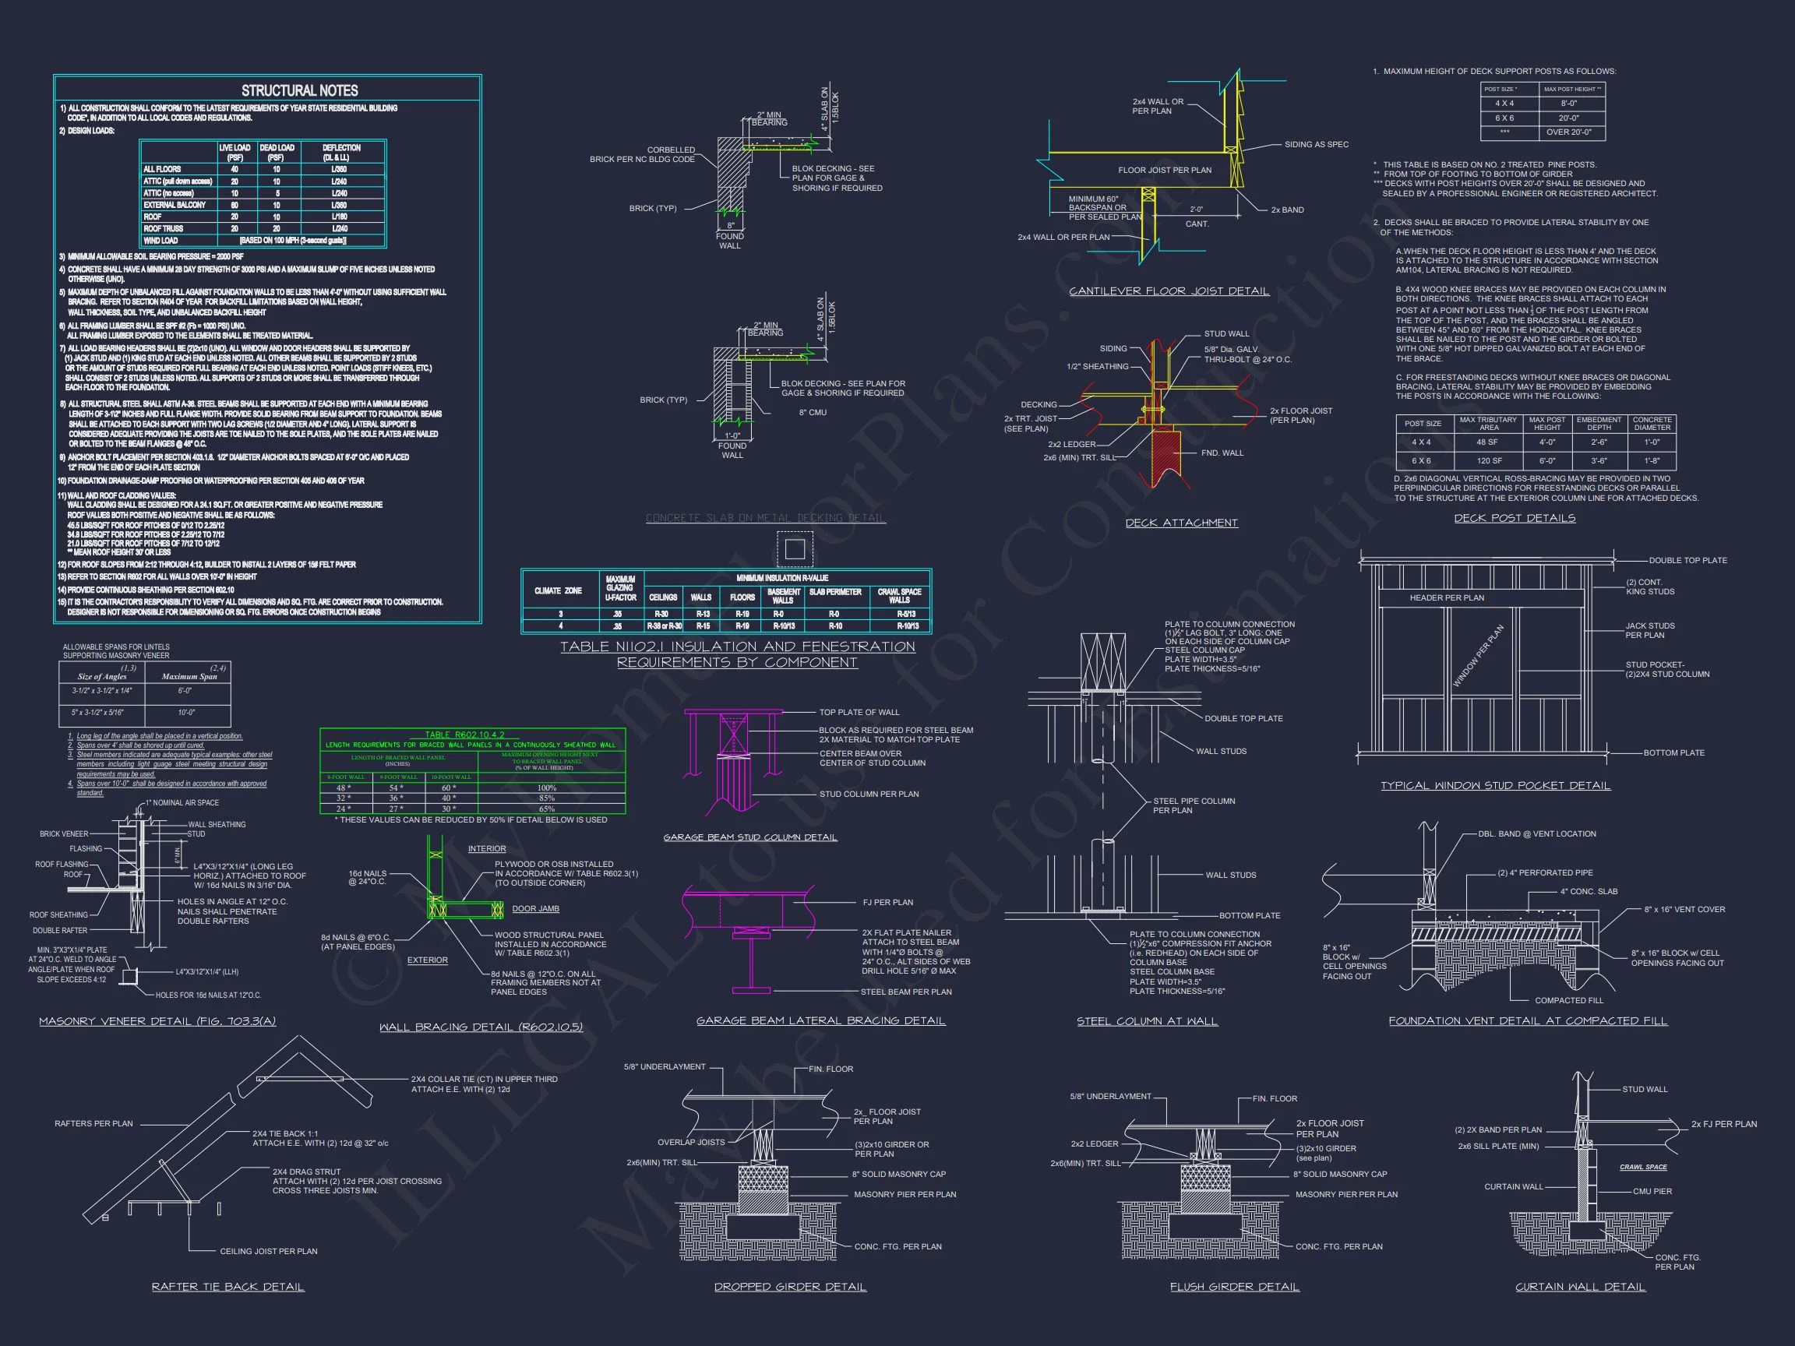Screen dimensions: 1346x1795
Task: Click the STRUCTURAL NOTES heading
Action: click(x=299, y=91)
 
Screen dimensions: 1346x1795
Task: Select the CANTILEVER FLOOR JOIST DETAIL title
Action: click(x=1169, y=291)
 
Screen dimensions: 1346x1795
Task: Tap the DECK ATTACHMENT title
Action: click(x=1182, y=523)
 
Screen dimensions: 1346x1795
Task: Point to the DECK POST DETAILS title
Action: click(x=1515, y=519)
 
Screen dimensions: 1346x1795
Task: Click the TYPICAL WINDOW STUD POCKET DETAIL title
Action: click(x=1496, y=785)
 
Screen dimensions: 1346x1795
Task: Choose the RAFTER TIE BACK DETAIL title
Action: click(x=228, y=1287)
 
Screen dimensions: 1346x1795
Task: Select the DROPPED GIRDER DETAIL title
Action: click(x=789, y=1287)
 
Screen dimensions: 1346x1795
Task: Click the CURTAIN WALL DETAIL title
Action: click(x=1580, y=1287)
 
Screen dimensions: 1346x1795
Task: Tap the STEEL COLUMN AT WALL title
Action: click(x=1147, y=1021)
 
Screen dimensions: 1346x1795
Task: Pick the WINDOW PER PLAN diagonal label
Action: click(x=1478, y=656)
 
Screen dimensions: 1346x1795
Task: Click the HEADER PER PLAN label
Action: click(x=1447, y=598)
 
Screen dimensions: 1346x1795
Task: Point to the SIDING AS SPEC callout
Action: click(x=1316, y=144)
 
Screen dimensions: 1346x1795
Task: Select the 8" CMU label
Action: click(x=812, y=412)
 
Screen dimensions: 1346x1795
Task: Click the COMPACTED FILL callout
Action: click(x=1568, y=1000)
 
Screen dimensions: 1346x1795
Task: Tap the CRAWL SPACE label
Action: click(x=1643, y=1167)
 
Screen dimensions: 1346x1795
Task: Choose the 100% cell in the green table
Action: click(x=547, y=788)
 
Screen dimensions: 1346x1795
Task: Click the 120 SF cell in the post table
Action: click(x=1487, y=461)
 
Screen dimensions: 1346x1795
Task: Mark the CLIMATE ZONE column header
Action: click(x=559, y=590)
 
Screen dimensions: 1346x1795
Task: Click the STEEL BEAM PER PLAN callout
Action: click(x=905, y=992)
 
